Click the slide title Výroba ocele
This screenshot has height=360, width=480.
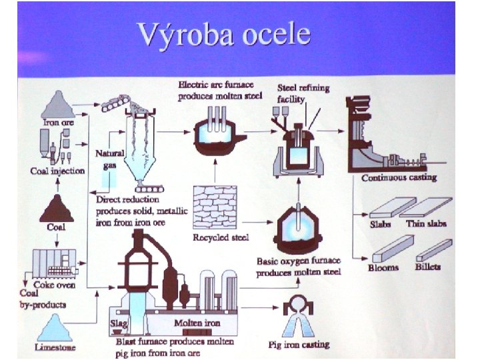point(223,33)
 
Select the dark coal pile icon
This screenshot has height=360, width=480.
point(56,209)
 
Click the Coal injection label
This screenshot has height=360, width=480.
point(58,171)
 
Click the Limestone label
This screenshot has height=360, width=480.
point(55,347)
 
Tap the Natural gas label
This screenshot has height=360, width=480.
point(110,158)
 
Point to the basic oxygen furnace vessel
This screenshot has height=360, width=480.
point(298,229)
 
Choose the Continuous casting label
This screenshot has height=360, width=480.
point(399,178)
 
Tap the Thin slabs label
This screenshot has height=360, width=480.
point(425,223)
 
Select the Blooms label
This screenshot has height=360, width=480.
point(383,267)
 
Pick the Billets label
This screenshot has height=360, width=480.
point(427,267)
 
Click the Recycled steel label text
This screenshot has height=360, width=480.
point(220,237)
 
